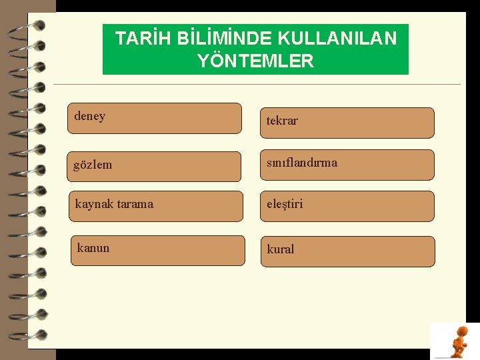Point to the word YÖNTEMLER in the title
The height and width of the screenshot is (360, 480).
(x=255, y=61)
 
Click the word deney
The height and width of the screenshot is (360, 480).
(x=89, y=116)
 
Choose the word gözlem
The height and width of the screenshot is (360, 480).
(x=93, y=165)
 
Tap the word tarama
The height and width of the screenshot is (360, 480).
(x=135, y=203)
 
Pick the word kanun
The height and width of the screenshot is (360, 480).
(x=93, y=248)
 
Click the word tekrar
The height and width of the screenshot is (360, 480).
(x=282, y=121)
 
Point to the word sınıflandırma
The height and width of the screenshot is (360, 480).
(x=302, y=162)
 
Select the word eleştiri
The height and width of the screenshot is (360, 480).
(x=285, y=204)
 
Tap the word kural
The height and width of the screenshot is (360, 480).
(x=280, y=249)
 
